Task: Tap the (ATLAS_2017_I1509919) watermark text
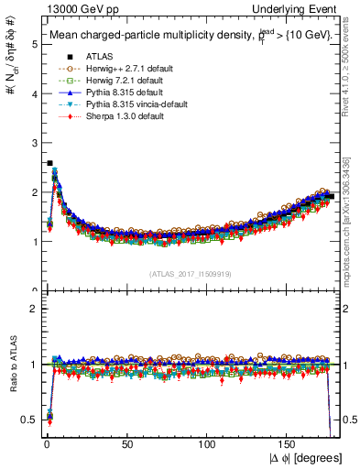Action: [x=190, y=273]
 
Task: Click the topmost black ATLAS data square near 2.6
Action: [x=49, y=163]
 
